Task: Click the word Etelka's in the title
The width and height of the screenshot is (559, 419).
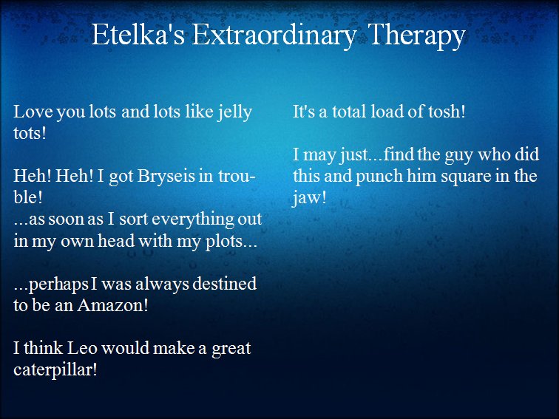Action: point(138,35)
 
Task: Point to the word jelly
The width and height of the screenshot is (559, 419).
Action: point(235,113)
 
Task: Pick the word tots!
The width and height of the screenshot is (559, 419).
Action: point(30,133)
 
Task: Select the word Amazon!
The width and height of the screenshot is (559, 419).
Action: point(112,305)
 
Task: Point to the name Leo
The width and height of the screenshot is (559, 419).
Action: point(82,348)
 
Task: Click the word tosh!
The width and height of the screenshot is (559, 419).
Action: point(447,112)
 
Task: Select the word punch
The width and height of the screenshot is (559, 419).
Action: point(378,177)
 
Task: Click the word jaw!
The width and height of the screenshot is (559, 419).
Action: point(309,199)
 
